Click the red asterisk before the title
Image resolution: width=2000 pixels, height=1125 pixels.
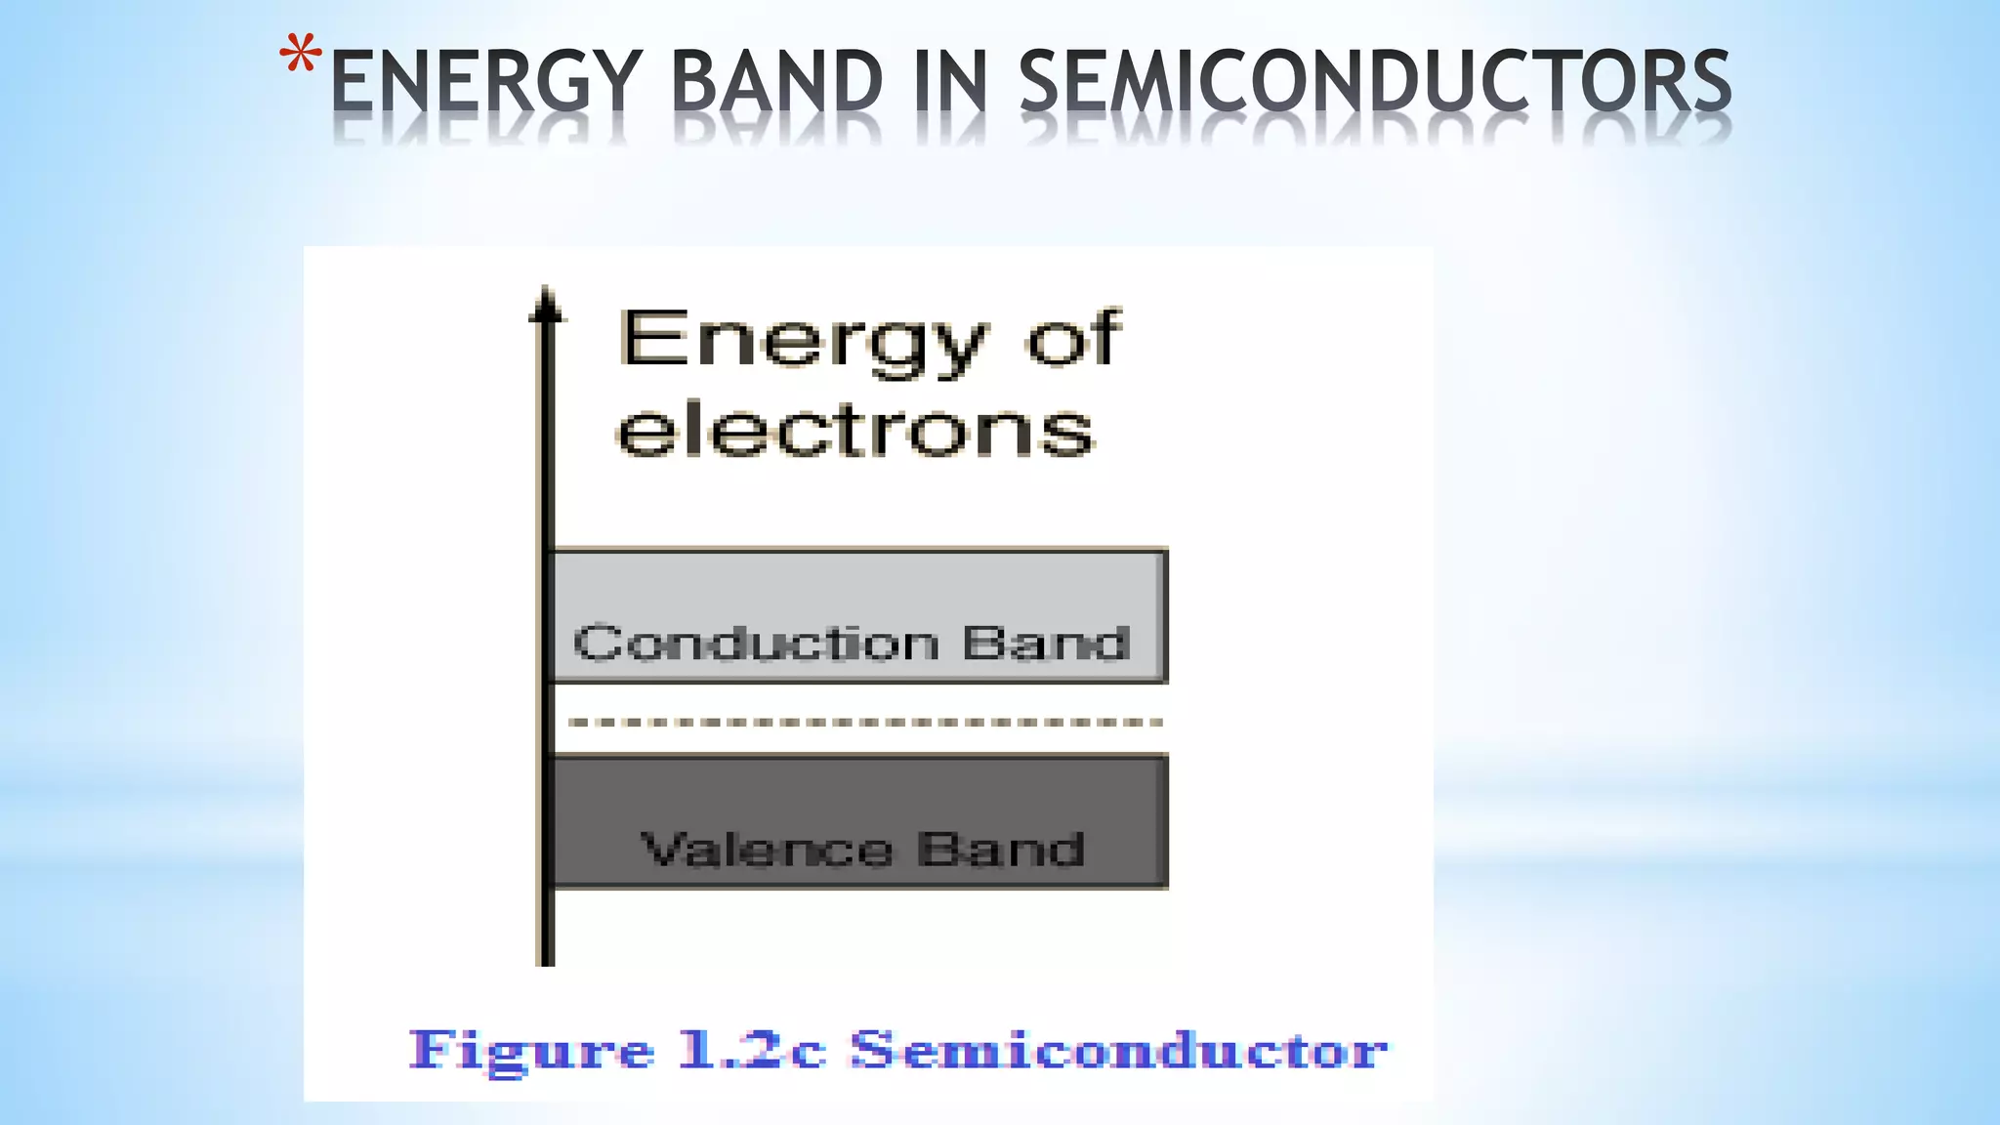coord(300,56)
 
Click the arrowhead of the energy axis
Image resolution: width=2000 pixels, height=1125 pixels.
coord(547,305)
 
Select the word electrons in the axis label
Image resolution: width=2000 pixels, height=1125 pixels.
coord(855,430)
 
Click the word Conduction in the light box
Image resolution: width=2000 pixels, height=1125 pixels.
coord(757,644)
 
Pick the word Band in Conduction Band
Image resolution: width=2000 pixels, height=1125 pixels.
coord(1046,644)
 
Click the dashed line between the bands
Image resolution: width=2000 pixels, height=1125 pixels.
coord(864,723)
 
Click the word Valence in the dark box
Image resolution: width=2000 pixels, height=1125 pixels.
coord(767,850)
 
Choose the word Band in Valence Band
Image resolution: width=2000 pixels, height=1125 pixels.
coord(1001,850)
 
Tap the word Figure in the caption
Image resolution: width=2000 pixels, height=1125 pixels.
coord(531,1052)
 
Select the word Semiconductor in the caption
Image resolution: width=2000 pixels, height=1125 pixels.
coord(1118,1051)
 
